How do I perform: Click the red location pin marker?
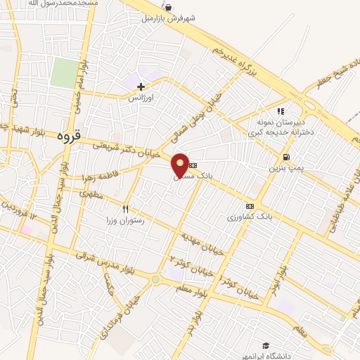tap(181, 164)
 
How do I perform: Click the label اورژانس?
tap(141, 98)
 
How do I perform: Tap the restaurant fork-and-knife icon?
tap(126, 208)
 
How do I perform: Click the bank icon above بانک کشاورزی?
tap(248, 206)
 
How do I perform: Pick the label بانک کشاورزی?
tap(247, 218)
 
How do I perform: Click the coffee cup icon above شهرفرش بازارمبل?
tap(168, 7)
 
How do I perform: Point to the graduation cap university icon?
tap(266, 345)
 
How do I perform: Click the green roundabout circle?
tap(155, 280)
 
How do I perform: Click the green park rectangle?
tap(64, 73)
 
